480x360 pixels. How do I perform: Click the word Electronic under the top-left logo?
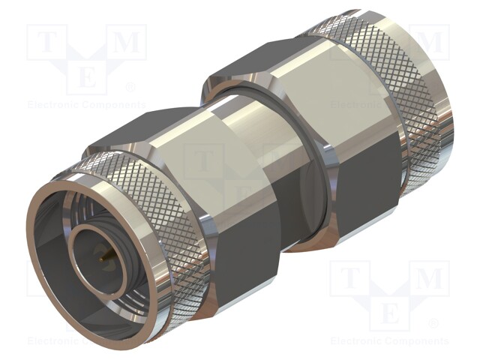click(55, 105)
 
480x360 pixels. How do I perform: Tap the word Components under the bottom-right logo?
click(417, 341)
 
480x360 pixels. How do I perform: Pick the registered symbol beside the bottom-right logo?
click(433, 324)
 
